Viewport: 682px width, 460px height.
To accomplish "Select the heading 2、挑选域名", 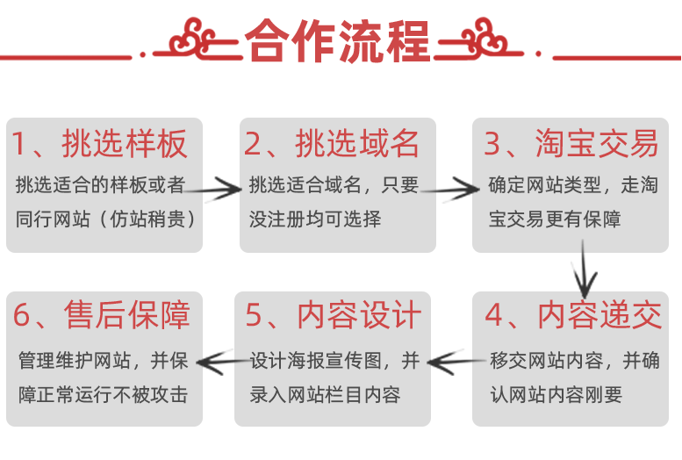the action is [x=332, y=143].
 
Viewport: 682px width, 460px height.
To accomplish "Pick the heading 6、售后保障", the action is [x=102, y=315].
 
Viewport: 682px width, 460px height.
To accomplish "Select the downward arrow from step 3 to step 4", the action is [x=583, y=270].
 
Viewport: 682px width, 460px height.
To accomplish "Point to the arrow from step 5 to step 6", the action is [x=220, y=359].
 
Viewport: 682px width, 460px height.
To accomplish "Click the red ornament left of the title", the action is [x=192, y=40].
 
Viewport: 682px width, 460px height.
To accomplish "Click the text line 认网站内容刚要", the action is [x=556, y=394].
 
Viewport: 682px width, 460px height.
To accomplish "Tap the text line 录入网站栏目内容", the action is [x=325, y=394].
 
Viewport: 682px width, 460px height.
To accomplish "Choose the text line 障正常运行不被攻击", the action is [x=103, y=394].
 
